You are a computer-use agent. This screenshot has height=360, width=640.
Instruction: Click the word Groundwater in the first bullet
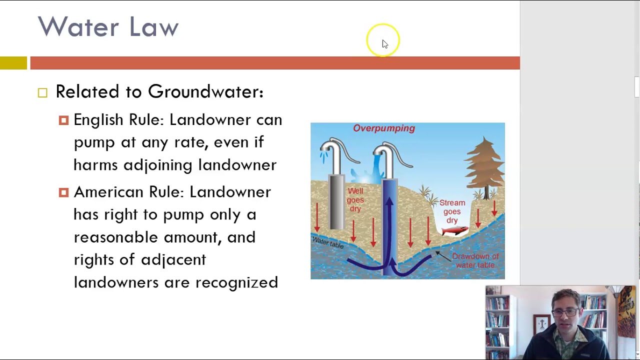(x=205, y=92)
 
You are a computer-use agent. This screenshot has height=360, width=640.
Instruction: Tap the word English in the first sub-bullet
(x=98, y=120)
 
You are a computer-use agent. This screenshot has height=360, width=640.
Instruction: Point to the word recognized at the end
(x=236, y=282)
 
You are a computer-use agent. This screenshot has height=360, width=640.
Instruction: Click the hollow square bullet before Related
(x=42, y=92)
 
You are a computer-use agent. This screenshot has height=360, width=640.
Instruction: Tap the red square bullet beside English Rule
(x=63, y=120)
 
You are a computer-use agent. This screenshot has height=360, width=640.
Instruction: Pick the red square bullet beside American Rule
(x=63, y=192)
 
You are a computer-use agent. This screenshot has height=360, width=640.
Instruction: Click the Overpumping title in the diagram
(x=384, y=128)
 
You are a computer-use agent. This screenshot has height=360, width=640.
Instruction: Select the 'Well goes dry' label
(x=355, y=199)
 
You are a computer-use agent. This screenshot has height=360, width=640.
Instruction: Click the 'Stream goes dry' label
(x=452, y=211)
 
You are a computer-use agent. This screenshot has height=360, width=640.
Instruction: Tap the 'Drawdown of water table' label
(x=475, y=260)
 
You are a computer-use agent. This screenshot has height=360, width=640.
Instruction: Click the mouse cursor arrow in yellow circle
(x=384, y=44)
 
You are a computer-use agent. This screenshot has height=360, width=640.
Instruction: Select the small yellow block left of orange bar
(x=13, y=63)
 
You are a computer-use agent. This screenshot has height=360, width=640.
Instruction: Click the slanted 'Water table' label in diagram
(x=328, y=242)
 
